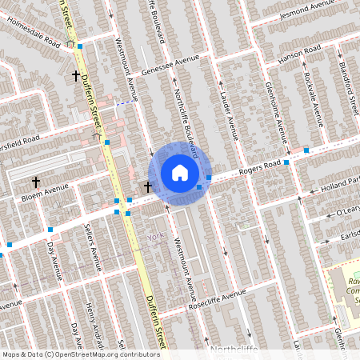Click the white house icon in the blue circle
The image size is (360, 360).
pos(179,173)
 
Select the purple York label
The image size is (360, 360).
pos(156,237)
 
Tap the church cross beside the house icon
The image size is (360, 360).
pos(147,186)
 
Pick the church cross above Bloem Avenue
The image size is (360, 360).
pos(36,182)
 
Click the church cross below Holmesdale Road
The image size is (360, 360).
pos(76,76)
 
